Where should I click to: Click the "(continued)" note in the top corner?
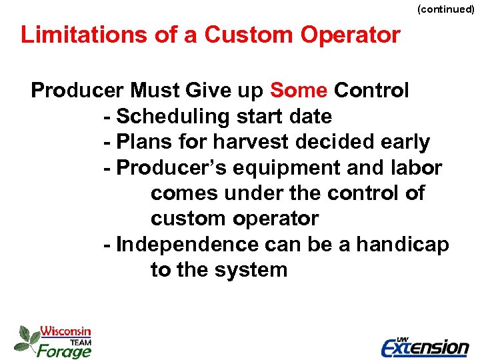(445, 10)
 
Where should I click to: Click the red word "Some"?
(299, 91)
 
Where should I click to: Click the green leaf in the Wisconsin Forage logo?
(27, 338)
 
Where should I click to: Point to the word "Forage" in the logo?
(64, 349)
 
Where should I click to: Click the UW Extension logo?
(425, 345)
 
